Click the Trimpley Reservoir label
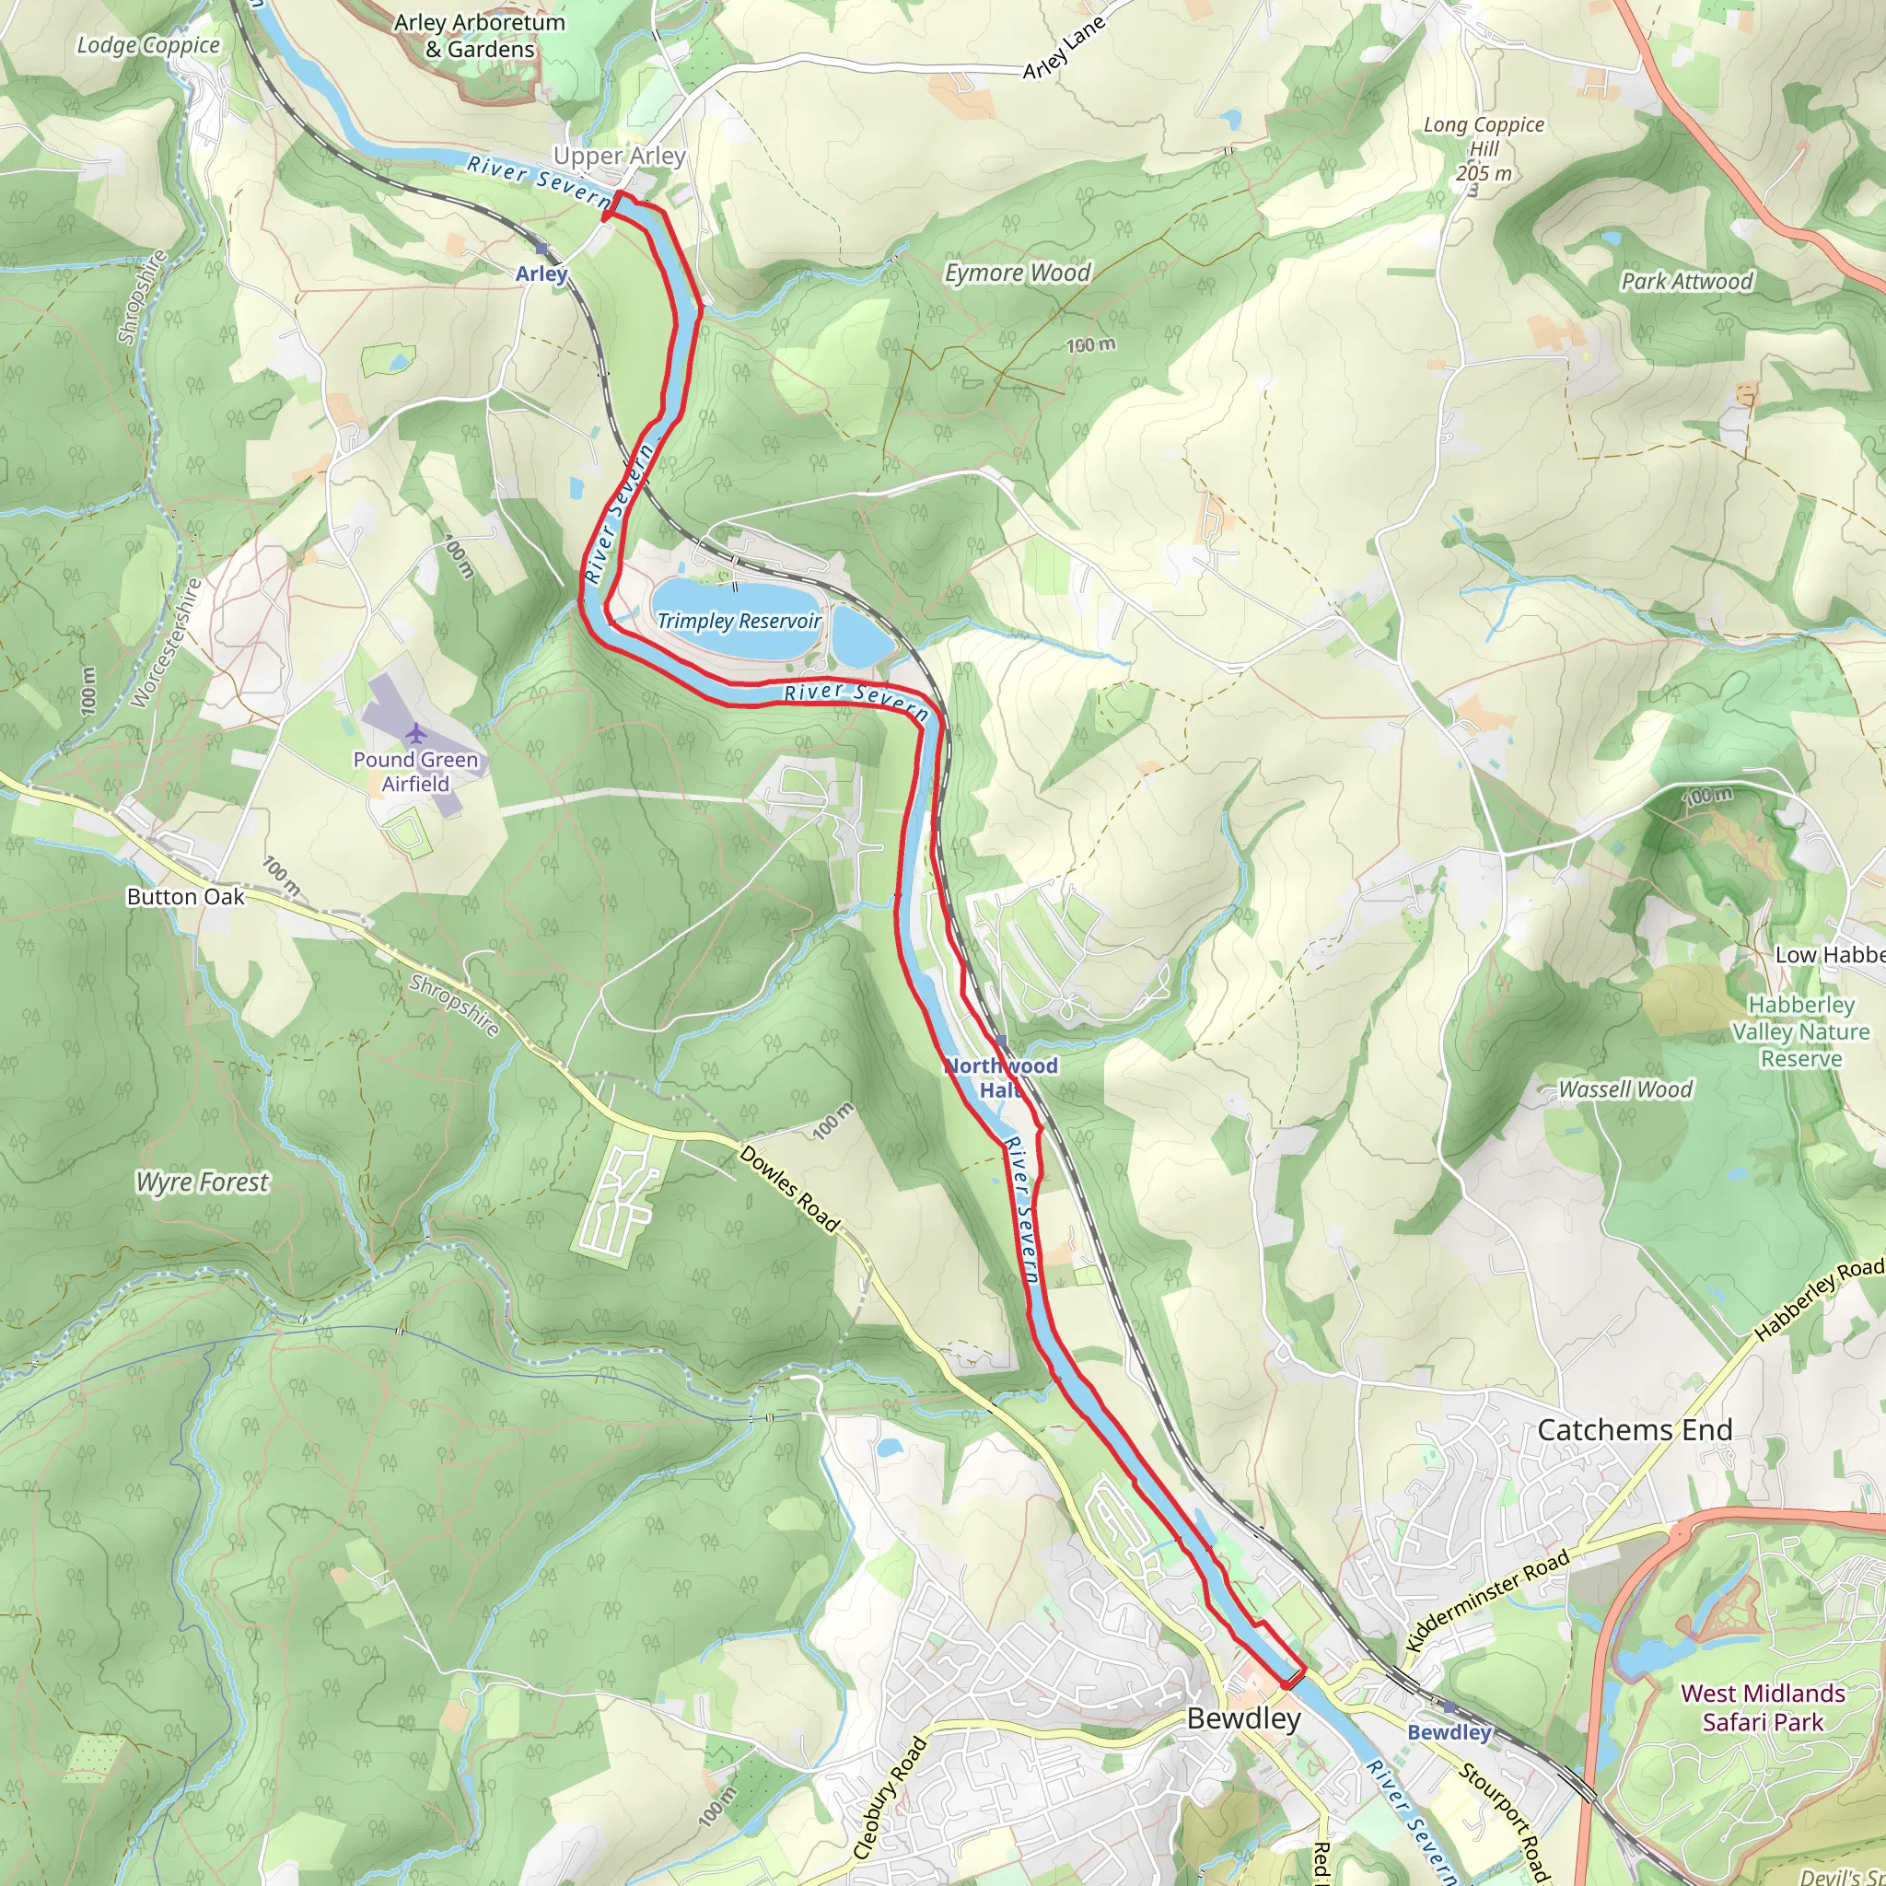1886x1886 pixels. pos(738,621)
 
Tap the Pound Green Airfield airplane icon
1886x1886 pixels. pos(416,733)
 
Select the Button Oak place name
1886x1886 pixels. pos(185,897)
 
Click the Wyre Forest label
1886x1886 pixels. pos(202,1182)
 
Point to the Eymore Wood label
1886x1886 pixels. pos(1018,274)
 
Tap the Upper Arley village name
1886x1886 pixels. pos(619,157)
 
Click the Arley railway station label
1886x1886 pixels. pos(541,274)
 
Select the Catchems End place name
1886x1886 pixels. pos(1636,1430)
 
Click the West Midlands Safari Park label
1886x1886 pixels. pos(1763,1707)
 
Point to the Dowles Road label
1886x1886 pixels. pos(789,1189)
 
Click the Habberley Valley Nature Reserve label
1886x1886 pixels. pos(1801,1031)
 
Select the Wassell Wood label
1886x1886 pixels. pos(1625,1089)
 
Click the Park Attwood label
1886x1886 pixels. pos(1687,281)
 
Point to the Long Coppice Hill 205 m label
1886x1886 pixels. pos(1484,149)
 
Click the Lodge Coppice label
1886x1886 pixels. pos(148,45)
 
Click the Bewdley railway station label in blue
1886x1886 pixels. pos(1449,1733)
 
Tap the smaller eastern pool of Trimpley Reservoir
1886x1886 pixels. pos(862,640)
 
